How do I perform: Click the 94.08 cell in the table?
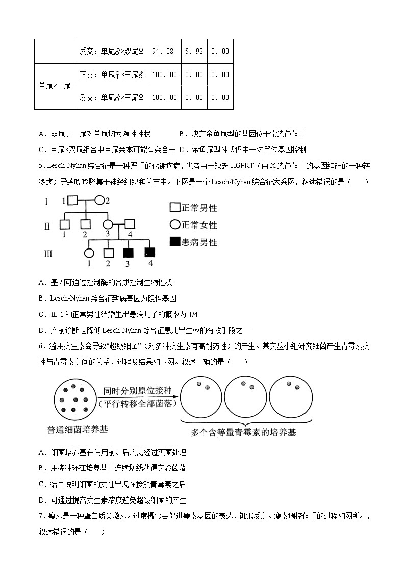coord(164,51)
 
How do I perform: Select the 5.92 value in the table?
coord(194,51)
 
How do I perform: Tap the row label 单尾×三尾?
coord(55,86)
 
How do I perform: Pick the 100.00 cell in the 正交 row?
coord(164,74)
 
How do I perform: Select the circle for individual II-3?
coord(108,224)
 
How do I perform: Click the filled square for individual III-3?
coord(128,253)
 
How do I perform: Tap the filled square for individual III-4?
coord(150,252)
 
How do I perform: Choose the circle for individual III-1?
coord(89,253)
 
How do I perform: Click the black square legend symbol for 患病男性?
coord(174,242)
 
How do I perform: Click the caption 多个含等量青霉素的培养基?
coord(243,433)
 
